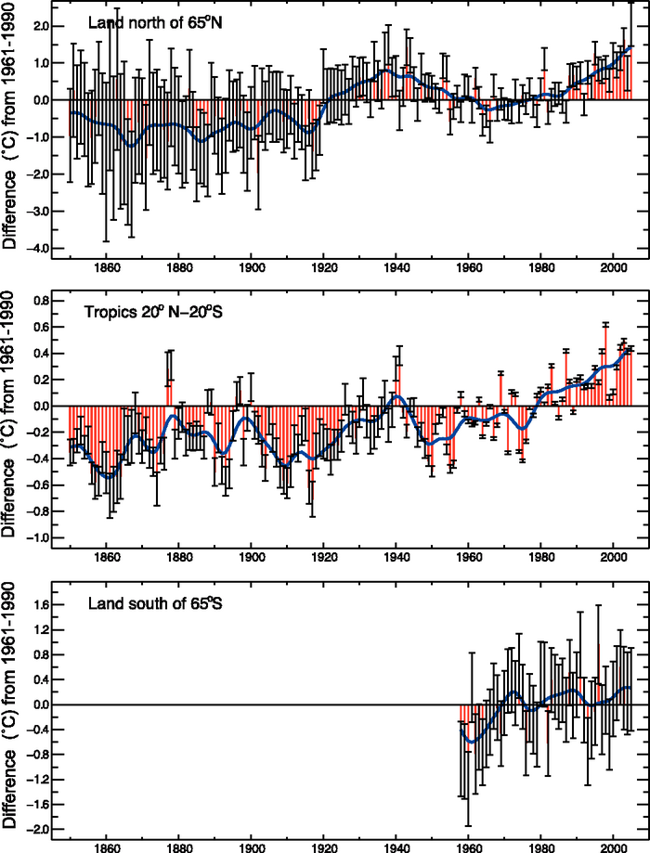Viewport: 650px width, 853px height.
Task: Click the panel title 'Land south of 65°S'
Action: tap(147, 604)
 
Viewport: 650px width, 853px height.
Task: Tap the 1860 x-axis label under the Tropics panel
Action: tap(106, 557)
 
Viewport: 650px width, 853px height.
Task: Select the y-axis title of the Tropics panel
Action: tap(13, 419)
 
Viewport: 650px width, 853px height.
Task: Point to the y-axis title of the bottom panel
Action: tap(13, 710)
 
